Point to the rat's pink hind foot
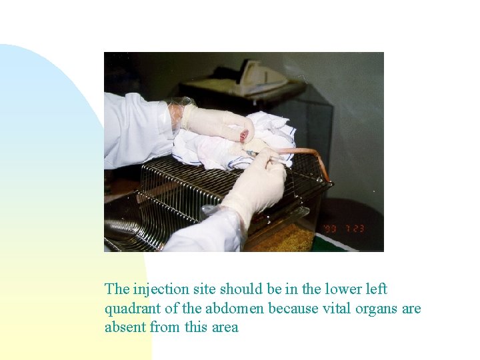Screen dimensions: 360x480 tap(244, 135)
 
